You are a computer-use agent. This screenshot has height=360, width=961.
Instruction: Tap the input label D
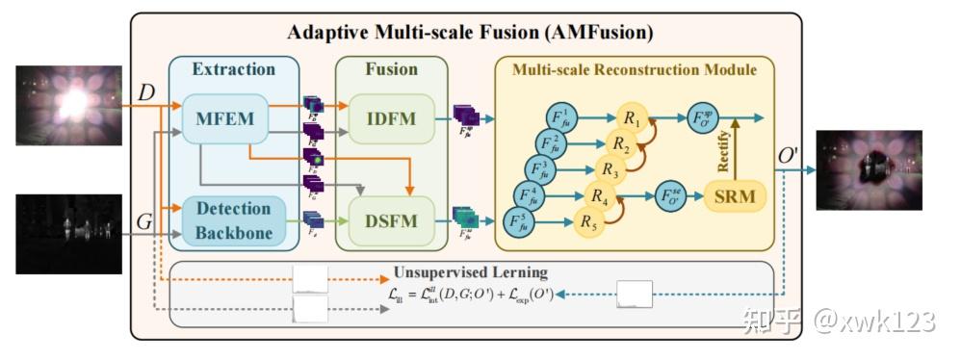[146, 94]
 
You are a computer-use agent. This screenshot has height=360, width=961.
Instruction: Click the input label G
[144, 222]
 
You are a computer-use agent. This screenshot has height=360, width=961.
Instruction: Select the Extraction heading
[233, 69]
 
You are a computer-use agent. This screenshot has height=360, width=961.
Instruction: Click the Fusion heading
[391, 69]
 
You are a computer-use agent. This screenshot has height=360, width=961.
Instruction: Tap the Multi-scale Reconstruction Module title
[634, 70]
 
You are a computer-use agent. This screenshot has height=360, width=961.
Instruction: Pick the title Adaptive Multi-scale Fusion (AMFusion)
[471, 33]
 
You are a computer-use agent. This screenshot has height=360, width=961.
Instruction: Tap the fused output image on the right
[869, 169]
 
